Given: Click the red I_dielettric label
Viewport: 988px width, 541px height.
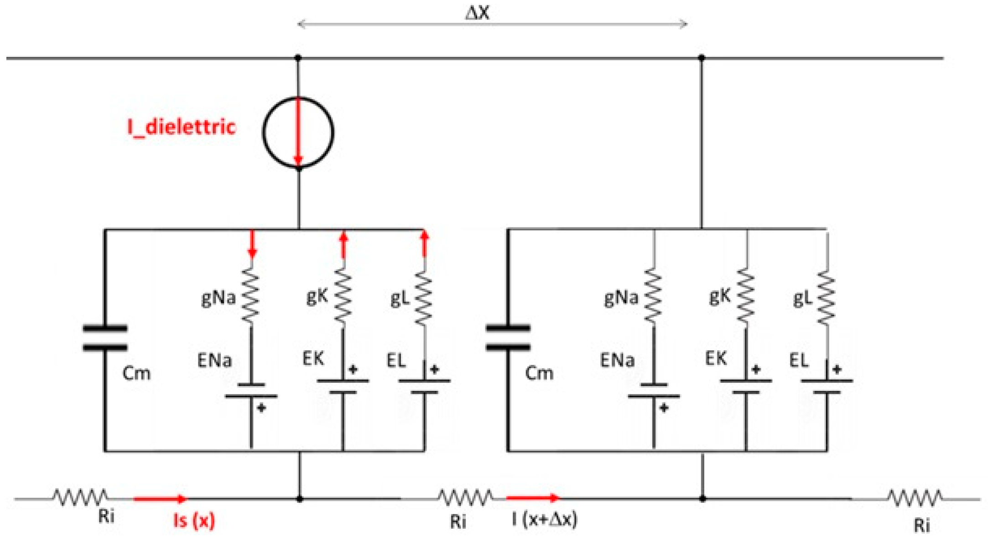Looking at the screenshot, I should (181, 127).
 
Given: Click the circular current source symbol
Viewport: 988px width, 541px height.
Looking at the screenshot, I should (298, 132).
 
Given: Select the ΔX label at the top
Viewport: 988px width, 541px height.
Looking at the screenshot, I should (477, 13).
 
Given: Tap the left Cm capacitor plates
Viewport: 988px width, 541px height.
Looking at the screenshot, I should (105, 338).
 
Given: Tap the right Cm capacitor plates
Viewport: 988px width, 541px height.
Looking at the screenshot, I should (508, 338).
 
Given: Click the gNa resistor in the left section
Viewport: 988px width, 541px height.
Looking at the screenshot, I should (250, 297).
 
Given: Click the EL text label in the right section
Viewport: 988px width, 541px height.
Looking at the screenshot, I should (799, 361).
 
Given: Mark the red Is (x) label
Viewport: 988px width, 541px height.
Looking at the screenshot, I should (194, 520).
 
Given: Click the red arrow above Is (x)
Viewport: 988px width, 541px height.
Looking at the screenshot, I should (160, 499).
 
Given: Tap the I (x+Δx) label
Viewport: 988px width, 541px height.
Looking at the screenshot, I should (544, 520).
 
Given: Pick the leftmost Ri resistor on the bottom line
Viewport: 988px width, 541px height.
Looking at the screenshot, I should (80, 497).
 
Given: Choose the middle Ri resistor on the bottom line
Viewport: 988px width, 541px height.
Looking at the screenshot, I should (465, 498).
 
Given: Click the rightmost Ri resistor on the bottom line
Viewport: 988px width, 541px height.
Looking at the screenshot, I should (914, 498).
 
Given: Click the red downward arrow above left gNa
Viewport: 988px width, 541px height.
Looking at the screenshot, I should (252, 245).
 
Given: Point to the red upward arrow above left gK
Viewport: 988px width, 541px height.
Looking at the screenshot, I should (344, 245).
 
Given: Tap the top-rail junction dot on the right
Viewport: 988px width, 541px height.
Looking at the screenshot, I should (702, 58).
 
